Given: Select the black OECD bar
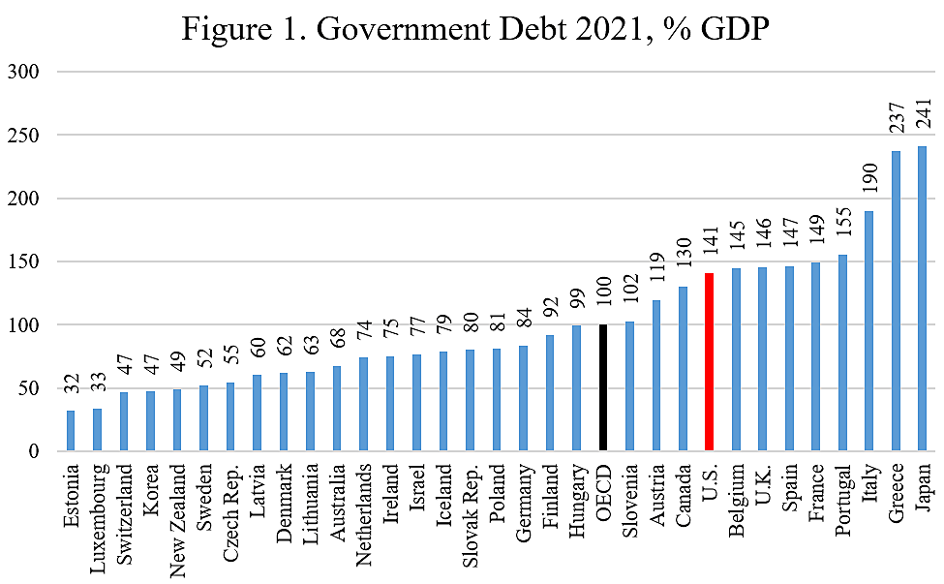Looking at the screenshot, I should tap(602, 387).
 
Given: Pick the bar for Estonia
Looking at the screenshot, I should tap(71, 431).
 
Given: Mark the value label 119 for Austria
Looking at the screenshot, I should tap(656, 275).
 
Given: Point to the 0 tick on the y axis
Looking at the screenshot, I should tap(33, 451).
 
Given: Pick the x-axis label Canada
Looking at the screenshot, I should tap(683, 494).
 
